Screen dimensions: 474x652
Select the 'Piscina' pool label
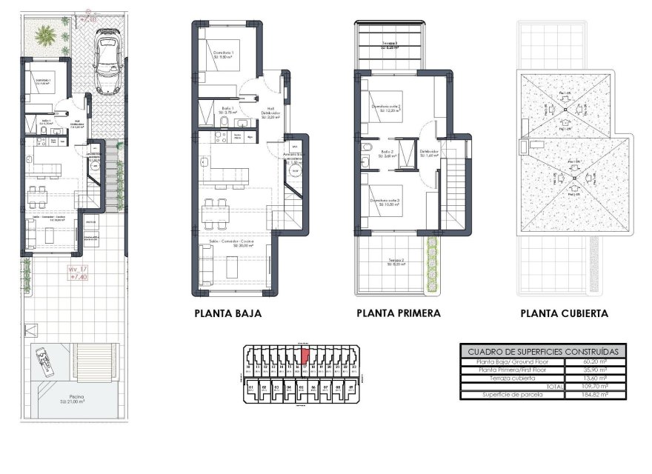72,398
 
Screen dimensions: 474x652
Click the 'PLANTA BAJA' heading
227,313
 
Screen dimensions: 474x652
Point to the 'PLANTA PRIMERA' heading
398,313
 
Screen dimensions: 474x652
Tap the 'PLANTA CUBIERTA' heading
564,313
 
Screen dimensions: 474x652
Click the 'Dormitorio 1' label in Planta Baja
223,53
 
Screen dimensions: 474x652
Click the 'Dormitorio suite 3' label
385,201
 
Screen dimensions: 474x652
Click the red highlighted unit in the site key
304,355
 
